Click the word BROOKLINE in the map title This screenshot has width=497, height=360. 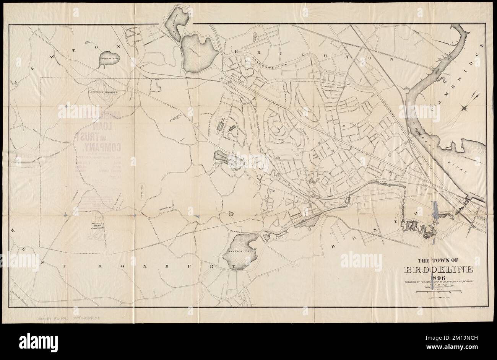point(439,270)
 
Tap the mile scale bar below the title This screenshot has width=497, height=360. point(439,292)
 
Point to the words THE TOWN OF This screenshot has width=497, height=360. point(438,261)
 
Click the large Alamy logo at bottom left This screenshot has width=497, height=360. point(34,340)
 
